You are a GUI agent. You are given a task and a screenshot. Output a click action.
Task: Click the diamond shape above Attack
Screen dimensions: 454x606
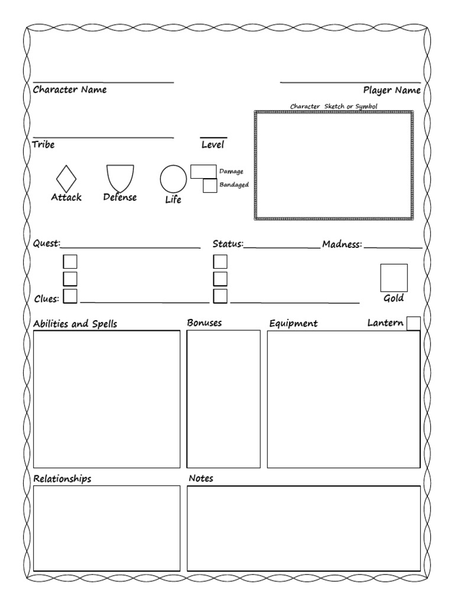66,178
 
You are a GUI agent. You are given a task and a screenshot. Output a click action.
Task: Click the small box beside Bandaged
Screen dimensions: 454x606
210,185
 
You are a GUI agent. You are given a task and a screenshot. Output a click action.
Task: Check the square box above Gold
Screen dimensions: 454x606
394,278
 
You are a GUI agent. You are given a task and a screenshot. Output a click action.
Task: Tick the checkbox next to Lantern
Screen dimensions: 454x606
414,323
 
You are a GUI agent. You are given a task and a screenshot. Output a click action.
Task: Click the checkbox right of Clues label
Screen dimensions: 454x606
70,296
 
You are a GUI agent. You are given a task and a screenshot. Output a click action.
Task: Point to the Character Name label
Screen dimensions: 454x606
70,90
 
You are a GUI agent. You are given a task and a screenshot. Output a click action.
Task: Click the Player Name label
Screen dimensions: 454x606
392,91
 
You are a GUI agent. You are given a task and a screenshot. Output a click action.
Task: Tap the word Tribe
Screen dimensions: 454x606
44,144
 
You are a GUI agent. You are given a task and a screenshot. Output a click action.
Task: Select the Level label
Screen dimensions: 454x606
213,144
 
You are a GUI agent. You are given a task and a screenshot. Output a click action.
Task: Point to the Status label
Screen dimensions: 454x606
228,244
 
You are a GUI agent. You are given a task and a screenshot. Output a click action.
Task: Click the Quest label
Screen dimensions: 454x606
47,244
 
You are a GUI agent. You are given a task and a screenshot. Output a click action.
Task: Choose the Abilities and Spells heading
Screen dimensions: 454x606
75,324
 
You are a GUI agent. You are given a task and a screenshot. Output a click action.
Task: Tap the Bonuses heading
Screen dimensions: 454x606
205,323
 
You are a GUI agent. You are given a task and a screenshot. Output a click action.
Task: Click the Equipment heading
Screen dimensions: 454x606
293,324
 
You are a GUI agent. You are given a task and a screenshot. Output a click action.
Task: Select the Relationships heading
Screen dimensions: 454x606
62,479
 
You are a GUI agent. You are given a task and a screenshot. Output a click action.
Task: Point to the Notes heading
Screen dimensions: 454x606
201,478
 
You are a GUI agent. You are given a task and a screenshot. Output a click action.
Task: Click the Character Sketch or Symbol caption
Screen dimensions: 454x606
333,106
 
